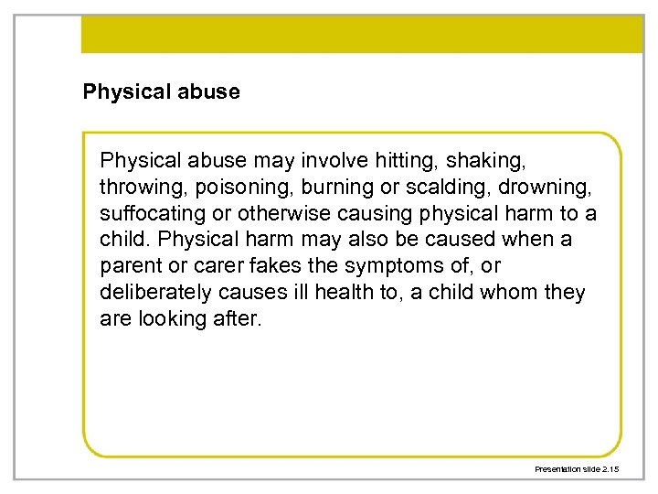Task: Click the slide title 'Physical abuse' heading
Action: pyautogui.click(x=161, y=91)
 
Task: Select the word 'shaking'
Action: pyautogui.click(x=493, y=161)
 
